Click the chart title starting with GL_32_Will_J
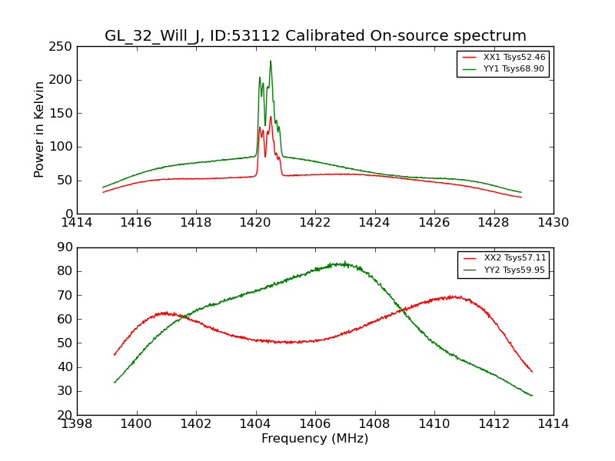[x=315, y=36]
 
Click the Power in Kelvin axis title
[x=40, y=130]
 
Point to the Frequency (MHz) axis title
[x=314, y=439]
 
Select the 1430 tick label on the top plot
[x=553, y=223]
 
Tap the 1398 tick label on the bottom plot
[x=77, y=424]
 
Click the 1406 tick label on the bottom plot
[x=314, y=424]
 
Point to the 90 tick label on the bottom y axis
[x=65, y=247]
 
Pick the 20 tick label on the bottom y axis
[x=65, y=415]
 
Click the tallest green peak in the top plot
[x=270, y=61]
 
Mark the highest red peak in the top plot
[x=271, y=117]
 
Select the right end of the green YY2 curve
[x=532, y=396]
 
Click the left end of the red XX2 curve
[x=114, y=355]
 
